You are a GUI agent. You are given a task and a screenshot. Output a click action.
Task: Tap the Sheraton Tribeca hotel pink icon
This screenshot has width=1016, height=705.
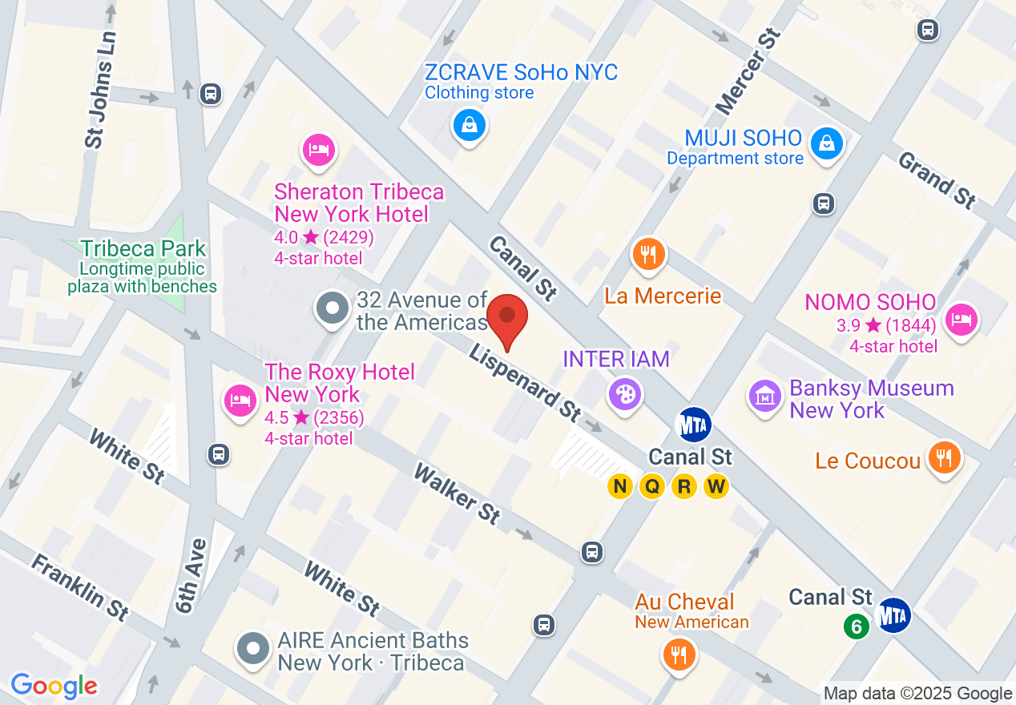pos(319,150)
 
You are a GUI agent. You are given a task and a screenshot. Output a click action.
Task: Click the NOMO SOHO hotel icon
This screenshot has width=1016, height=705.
pos(960,320)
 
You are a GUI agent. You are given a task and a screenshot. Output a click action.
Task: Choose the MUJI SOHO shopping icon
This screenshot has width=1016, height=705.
pos(825,143)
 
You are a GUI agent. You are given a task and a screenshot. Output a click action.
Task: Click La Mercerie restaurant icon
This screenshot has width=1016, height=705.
pos(649,255)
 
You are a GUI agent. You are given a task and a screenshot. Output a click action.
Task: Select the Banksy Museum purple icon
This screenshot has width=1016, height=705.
pos(766,396)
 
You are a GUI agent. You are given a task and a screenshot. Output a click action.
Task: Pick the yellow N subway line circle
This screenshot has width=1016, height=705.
pos(619,485)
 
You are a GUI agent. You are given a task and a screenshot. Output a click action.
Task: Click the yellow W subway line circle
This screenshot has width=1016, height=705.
pos(716,485)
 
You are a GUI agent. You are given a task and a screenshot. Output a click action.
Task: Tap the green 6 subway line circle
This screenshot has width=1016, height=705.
pos(856,626)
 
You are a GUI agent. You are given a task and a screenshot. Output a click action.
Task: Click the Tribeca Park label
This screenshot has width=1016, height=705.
pos(143,249)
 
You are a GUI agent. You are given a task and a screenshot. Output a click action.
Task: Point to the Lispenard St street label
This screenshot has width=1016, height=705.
pos(525,383)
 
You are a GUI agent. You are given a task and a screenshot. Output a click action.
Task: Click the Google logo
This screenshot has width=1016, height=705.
pos(54,686)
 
